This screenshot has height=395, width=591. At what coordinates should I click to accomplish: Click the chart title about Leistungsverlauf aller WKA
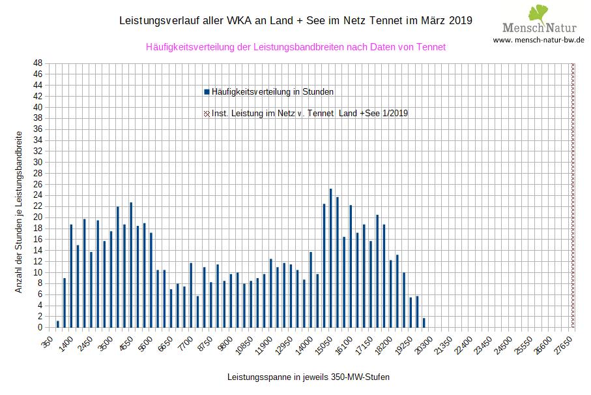tap(296, 21)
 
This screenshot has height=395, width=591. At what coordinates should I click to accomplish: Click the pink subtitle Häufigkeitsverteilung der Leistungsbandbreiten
tap(296, 47)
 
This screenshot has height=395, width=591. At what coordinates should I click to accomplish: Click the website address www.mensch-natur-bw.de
tap(538, 40)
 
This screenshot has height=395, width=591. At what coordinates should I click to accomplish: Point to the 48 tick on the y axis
tap(38, 63)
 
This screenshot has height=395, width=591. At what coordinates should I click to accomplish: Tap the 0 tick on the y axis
tap(40, 327)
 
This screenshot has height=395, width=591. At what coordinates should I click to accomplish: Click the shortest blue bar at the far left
tap(58, 324)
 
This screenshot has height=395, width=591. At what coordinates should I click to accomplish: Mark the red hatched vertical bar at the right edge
tap(573, 195)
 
